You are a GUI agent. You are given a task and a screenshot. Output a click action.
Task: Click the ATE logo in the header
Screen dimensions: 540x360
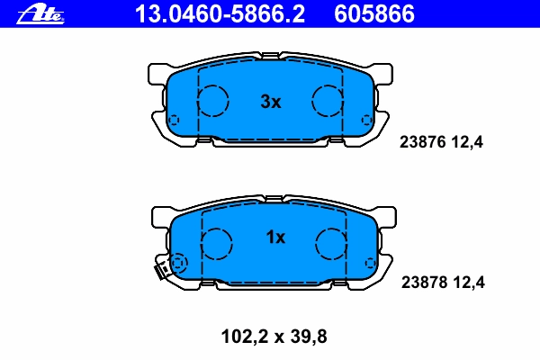40,14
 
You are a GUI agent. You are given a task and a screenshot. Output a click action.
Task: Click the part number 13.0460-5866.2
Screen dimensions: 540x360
220,14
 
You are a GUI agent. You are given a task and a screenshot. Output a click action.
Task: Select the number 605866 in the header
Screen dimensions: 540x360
374,14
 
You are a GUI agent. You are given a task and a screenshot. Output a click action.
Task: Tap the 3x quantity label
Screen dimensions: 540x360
271,102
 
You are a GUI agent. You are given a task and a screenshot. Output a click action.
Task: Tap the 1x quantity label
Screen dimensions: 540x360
275,238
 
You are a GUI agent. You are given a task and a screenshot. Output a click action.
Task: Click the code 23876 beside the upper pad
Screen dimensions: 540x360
423,142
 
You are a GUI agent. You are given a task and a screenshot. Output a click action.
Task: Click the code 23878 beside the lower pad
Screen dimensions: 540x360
424,283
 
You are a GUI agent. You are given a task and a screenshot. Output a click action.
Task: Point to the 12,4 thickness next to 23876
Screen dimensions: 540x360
466,142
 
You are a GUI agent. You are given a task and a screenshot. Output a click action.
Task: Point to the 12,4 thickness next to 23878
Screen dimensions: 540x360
468,283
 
